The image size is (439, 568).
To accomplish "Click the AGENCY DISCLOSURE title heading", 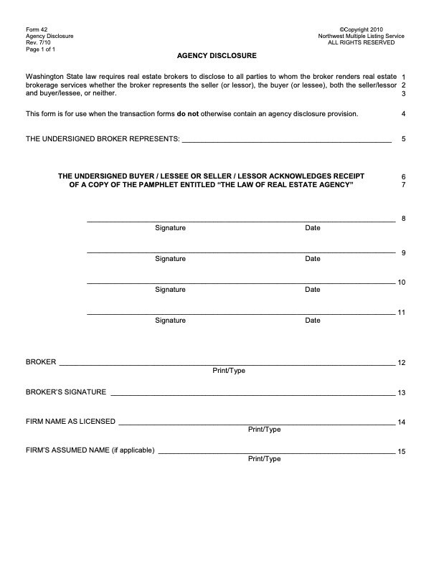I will pos(216,55).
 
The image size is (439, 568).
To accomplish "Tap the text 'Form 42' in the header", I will pos(37,29).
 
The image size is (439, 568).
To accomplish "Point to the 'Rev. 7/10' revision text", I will pos(39,42).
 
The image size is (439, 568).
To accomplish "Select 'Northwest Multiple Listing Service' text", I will pos(361,36).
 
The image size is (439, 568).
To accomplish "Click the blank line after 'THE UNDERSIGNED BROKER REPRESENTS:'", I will pos(287,139).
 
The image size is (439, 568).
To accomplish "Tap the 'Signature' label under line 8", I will pos(170,228).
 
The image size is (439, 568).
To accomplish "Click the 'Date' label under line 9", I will pos(312,259).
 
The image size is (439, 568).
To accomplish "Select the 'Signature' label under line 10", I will pos(170,290).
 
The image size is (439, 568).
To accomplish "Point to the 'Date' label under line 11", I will pos(312,321).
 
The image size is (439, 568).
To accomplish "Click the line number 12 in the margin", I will pos(402,362).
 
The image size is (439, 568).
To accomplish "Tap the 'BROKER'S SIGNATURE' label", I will pos(66,392).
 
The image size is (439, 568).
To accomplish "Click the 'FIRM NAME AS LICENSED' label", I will pos(70,422).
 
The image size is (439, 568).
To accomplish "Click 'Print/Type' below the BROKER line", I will pos(229,371).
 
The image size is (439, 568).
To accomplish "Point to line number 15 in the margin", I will pos(402,452).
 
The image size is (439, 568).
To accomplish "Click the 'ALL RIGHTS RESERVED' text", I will pos(361,42).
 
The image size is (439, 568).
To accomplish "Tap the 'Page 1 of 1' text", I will pos(40,49).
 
